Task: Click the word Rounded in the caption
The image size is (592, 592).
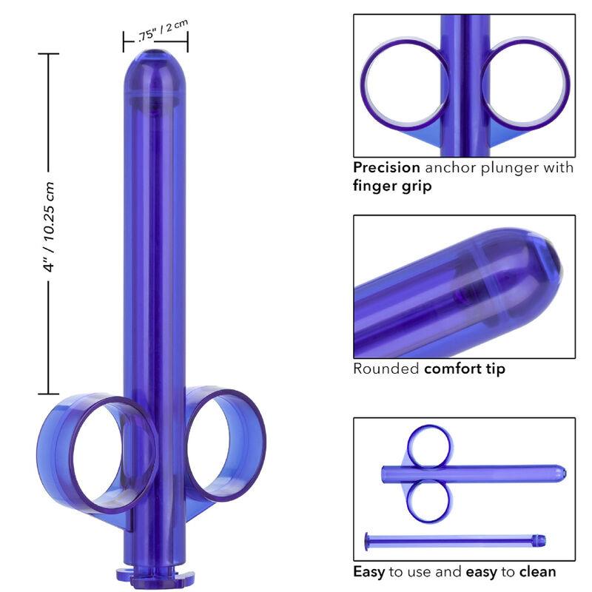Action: (386, 369)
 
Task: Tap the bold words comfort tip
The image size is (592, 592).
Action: (465, 369)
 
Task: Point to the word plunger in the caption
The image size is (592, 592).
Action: (502, 168)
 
